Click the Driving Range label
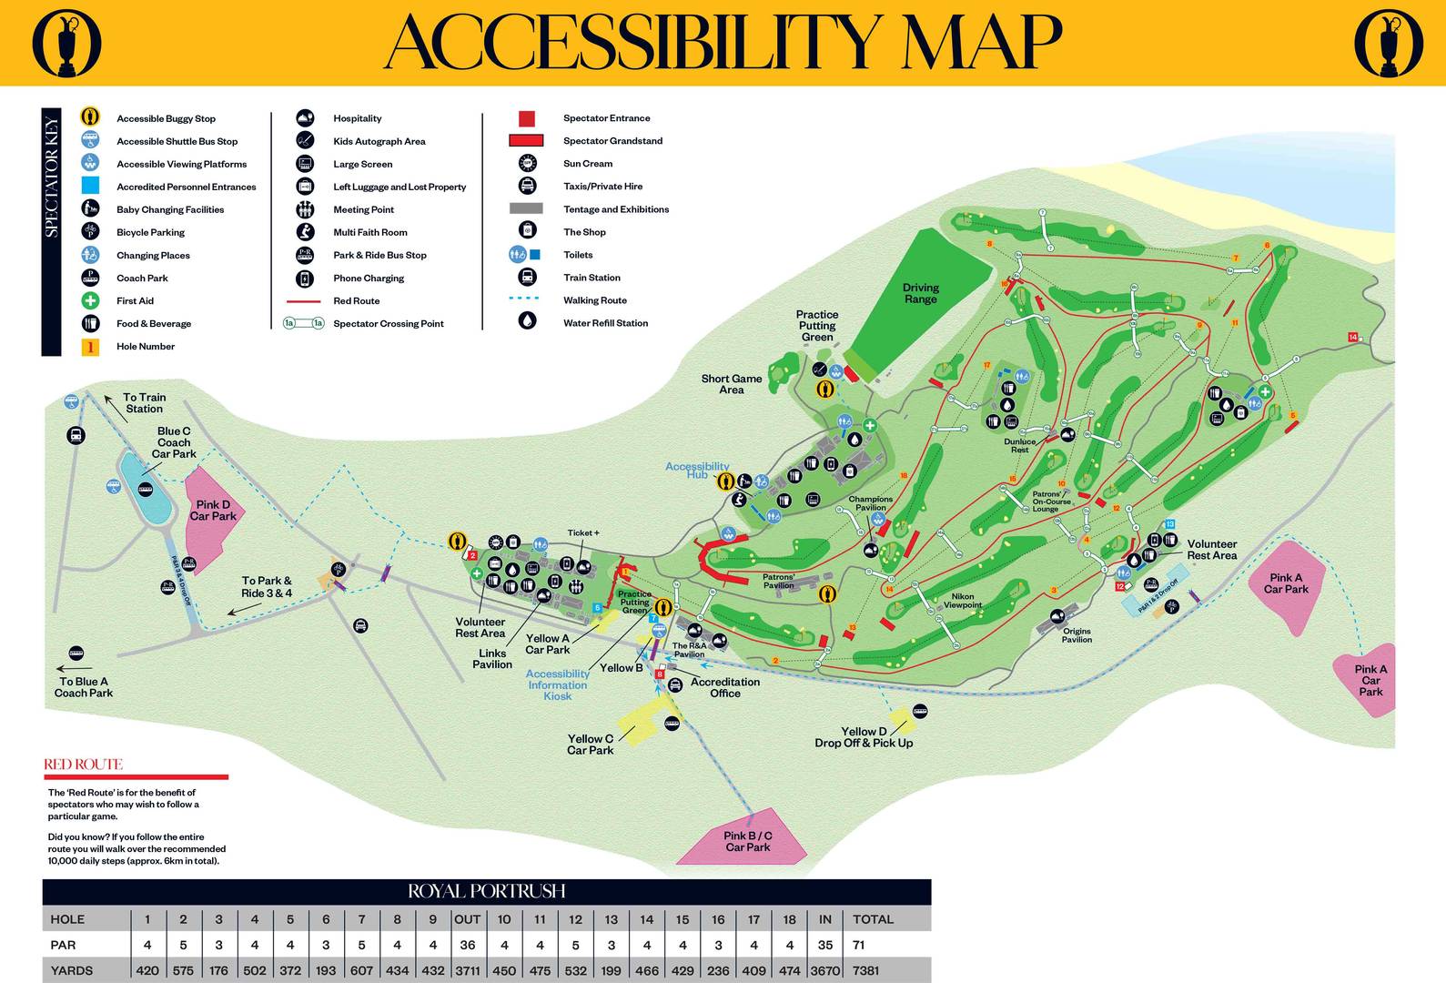click(x=920, y=293)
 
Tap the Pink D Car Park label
click(x=213, y=511)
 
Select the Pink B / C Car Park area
click(x=748, y=841)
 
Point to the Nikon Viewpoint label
click(x=962, y=601)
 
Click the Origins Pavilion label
click(x=1077, y=635)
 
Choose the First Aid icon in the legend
click(x=90, y=300)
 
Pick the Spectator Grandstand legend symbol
click(x=526, y=140)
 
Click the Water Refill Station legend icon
click(x=527, y=320)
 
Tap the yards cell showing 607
click(x=361, y=970)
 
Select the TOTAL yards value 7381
click(x=865, y=970)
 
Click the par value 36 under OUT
click(x=468, y=945)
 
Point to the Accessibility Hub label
click(x=697, y=470)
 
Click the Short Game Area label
click(x=732, y=384)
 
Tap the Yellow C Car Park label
click(x=591, y=745)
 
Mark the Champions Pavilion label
click(x=871, y=503)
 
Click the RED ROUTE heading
click(x=83, y=765)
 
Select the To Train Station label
click(x=145, y=403)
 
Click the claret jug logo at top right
click(x=1388, y=43)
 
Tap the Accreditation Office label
click(x=725, y=687)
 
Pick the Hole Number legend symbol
click(x=90, y=347)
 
